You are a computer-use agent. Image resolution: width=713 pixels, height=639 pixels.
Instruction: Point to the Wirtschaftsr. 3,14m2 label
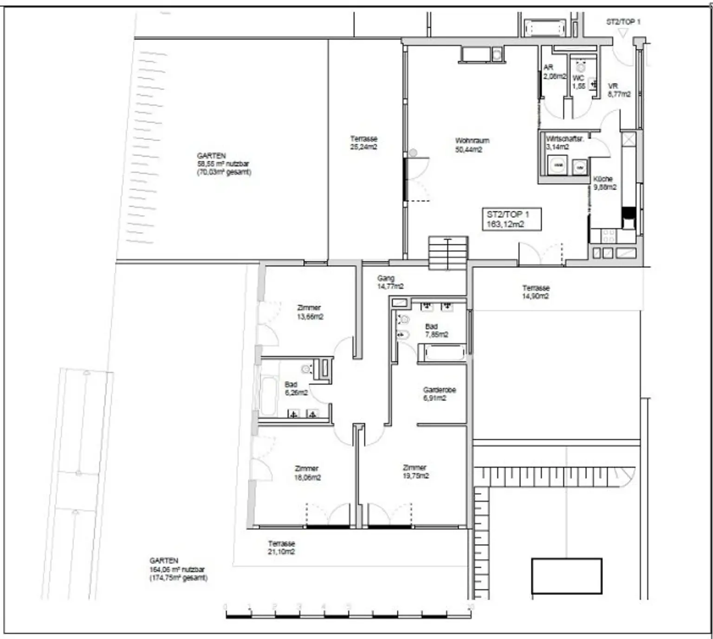pyautogui.click(x=564, y=143)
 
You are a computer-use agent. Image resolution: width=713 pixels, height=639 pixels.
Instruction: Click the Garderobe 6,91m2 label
pyautogui.click(x=439, y=394)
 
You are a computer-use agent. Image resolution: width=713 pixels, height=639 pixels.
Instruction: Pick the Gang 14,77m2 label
pyautogui.click(x=390, y=282)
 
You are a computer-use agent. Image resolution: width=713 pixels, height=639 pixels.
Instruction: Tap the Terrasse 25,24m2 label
pyautogui.click(x=363, y=143)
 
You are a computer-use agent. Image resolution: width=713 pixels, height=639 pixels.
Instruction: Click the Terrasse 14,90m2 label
pyautogui.click(x=536, y=292)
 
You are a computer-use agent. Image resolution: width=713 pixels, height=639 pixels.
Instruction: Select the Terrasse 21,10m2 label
pyautogui.click(x=281, y=548)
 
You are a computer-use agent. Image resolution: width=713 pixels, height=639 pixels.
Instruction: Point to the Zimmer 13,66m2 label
pyautogui.click(x=310, y=312)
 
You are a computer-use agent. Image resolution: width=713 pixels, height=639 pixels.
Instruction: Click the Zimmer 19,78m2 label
pyautogui.click(x=415, y=471)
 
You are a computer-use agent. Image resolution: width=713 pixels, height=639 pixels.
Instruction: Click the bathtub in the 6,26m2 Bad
pyautogui.click(x=269, y=396)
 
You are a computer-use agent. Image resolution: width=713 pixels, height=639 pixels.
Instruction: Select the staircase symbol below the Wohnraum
pyautogui.click(x=447, y=253)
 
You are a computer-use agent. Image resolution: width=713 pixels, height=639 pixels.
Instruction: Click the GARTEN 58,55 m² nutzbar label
pyautogui.click(x=224, y=164)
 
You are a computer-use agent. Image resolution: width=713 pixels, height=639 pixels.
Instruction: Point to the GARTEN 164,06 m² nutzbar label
pyautogui.click(x=178, y=569)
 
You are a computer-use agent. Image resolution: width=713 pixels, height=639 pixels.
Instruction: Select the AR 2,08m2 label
pyautogui.click(x=554, y=72)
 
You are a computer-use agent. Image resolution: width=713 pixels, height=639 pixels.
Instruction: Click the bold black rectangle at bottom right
pyautogui.click(x=566, y=576)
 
